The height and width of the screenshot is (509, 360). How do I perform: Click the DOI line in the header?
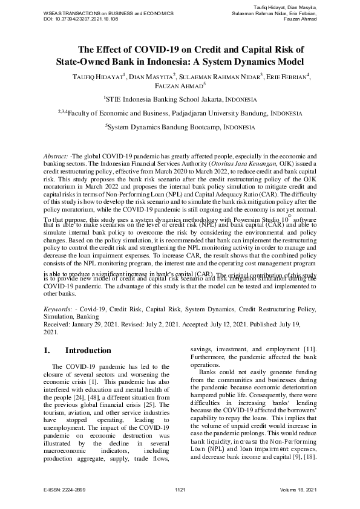tap(81, 19)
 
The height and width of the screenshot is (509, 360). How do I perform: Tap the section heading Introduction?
tap(88, 351)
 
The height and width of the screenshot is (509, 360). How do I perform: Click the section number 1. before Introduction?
tap(49, 351)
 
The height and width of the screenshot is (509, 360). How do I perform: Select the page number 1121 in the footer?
tap(180, 488)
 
